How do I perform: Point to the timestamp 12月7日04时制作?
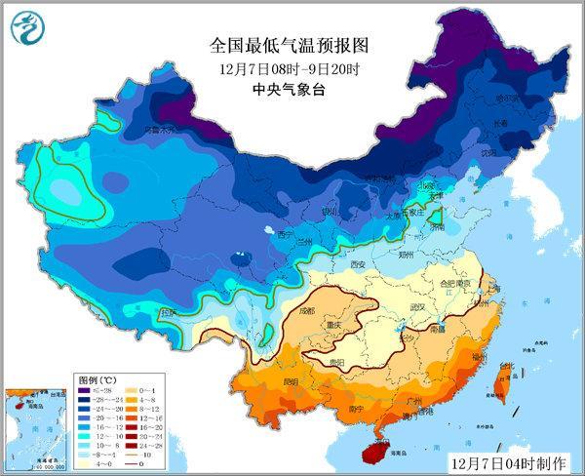[x=507, y=459]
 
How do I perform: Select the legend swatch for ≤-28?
[x=85, y=388]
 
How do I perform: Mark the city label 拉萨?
[x=171, y=312]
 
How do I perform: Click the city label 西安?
[x=357, y=264]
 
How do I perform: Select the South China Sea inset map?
[x=37, y=425]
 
